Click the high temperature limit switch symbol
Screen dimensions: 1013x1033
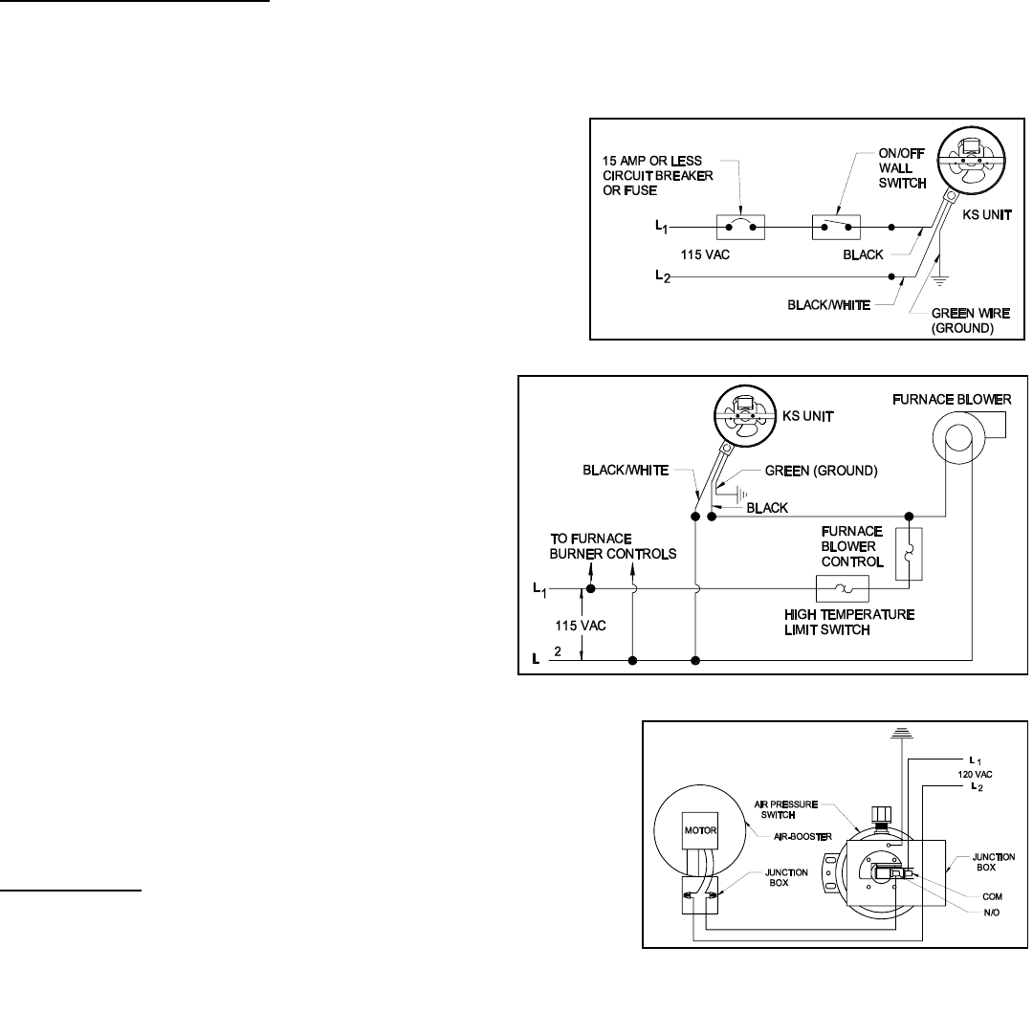click(841, 588)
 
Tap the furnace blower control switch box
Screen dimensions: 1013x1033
click(909, 554)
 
